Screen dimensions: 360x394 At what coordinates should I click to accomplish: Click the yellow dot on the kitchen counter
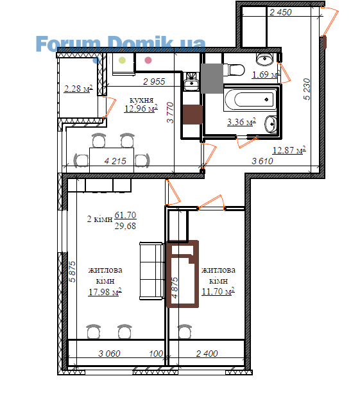122,60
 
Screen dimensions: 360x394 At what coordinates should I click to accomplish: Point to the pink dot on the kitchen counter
148,60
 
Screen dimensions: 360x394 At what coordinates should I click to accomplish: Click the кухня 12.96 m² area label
141,105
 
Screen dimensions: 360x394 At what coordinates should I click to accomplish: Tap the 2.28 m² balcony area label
78,89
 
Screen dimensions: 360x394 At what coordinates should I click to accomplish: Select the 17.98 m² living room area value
105,292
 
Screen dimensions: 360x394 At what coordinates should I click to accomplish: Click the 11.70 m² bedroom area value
218,291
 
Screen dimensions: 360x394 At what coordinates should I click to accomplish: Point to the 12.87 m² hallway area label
289,150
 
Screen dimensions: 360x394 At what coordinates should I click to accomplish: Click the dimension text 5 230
307,89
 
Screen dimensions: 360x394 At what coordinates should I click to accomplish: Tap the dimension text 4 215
115,161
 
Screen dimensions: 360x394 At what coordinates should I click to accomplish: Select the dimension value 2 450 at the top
280,12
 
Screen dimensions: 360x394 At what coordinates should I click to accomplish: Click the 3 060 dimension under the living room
109,354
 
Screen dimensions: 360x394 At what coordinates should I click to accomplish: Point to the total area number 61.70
125,215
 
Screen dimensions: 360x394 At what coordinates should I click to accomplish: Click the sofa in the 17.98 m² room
151,271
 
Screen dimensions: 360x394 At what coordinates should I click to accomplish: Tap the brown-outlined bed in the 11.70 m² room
183,274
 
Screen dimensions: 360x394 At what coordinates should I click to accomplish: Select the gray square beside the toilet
212,78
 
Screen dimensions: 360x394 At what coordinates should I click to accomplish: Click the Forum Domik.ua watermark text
121,44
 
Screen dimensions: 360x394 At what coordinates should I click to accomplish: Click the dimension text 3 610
262,161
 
